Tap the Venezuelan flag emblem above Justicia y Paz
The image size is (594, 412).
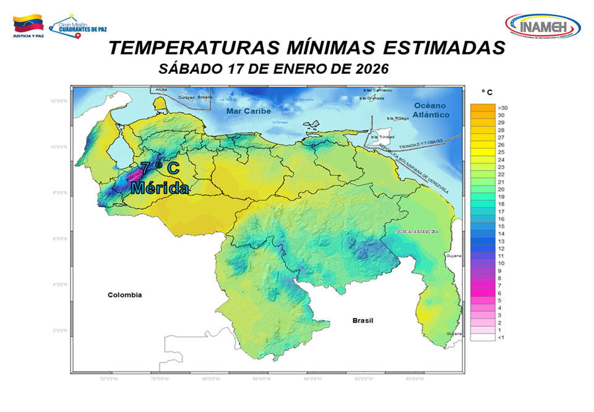click(x=28, y=24)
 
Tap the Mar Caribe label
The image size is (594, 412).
click(x=248, y=111)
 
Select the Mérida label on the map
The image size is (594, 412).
click(x=160, y=187)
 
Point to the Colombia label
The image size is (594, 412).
click(x=124, y=295)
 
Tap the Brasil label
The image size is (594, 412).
click(x=364, y=320)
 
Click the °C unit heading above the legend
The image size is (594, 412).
click(x=488, y=93)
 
